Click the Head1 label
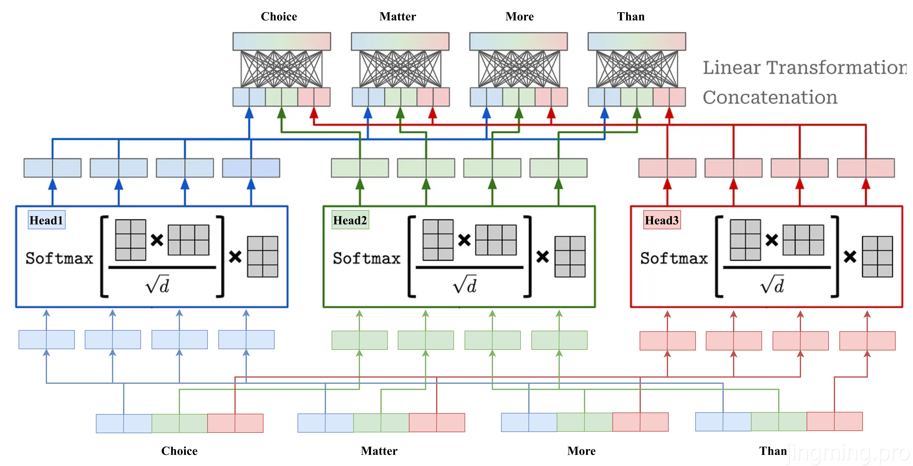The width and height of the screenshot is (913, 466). point(46,220)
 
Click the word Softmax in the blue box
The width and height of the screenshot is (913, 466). point(59,258)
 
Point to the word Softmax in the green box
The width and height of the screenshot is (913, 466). point(366,258)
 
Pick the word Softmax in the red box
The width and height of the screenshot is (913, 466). point(674,258)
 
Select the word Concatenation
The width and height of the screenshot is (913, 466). point(770,97)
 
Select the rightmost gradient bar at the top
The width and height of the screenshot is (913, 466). point(637,41)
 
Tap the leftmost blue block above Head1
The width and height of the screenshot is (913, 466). point(52,168)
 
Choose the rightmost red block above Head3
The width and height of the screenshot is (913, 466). point(866,168)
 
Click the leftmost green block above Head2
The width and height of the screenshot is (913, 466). point(360,168)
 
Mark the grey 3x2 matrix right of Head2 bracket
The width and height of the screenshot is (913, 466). point(570,257)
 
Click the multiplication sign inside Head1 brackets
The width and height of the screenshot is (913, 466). point(157,240)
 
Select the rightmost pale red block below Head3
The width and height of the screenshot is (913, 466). point(867,341)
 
